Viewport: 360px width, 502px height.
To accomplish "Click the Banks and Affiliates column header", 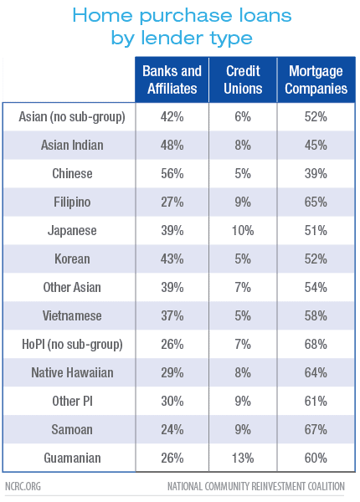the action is click(x=172, y=79).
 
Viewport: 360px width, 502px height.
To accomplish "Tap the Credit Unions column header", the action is click(x=243, y=79).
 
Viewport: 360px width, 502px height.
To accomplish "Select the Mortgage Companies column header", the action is click(x=316, y=79).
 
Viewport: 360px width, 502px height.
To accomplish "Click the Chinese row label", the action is click(x=72, y=173).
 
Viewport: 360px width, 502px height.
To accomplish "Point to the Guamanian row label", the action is click(x=72, y=458).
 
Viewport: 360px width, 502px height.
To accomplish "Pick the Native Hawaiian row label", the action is click(x=72, y=372).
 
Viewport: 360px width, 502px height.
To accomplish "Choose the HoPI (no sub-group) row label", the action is click(x=72, y=345).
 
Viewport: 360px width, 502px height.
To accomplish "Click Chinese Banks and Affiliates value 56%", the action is click(x=172, y=173).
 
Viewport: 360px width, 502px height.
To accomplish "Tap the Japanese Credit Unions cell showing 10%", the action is click(x=243, y=231).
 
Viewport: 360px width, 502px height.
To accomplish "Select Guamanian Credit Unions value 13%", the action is click(x=243, y=458).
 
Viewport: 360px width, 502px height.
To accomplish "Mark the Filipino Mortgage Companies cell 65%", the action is click(x=316, y=202).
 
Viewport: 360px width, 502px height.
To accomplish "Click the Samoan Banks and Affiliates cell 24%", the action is click(x=172, y=430).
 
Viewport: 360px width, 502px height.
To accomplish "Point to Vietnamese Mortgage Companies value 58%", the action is click(x=316, y=315).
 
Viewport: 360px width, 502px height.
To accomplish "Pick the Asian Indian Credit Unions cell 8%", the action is click(x=243, y=145).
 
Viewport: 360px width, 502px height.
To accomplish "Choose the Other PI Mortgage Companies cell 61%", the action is click(x=316, y=401).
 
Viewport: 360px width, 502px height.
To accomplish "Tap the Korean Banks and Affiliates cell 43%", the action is click(x=172, y=259).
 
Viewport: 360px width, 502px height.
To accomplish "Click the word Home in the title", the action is click(x=102, y=15).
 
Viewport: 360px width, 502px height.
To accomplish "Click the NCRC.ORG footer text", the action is click(x=23, y=486).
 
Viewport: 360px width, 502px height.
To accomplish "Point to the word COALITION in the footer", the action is click(x=326, y=486).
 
